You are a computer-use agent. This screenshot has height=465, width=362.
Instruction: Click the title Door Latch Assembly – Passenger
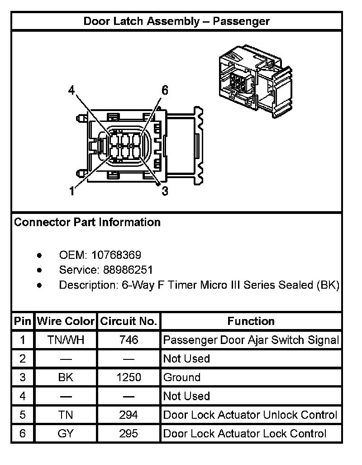coord(176,21)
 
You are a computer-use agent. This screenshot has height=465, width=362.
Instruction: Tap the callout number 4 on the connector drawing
coord(71,90)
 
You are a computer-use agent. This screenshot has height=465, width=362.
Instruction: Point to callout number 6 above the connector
coord(165,90)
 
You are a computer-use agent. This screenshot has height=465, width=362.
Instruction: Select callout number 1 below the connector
coord(71,191)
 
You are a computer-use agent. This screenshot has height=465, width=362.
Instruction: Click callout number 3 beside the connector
coord(165,191)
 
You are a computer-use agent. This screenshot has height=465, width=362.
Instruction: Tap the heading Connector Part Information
coord(87,223)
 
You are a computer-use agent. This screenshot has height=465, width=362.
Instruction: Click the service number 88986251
coord(128,270)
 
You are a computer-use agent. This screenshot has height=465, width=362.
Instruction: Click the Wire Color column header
coord(66,321)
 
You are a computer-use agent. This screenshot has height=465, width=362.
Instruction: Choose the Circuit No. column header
coord(129,321)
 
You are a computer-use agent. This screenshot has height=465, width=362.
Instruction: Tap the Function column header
coord(251,321)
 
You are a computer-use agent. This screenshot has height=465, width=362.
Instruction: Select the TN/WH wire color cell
coord(66,340)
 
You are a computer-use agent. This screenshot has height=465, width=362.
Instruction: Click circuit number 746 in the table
coord(129,340)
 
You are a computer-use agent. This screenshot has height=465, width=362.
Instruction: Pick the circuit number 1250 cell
coord(129,378)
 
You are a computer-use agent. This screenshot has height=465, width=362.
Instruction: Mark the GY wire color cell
coord(66,434)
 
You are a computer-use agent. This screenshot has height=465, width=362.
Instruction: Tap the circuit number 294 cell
coord(129,415)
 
